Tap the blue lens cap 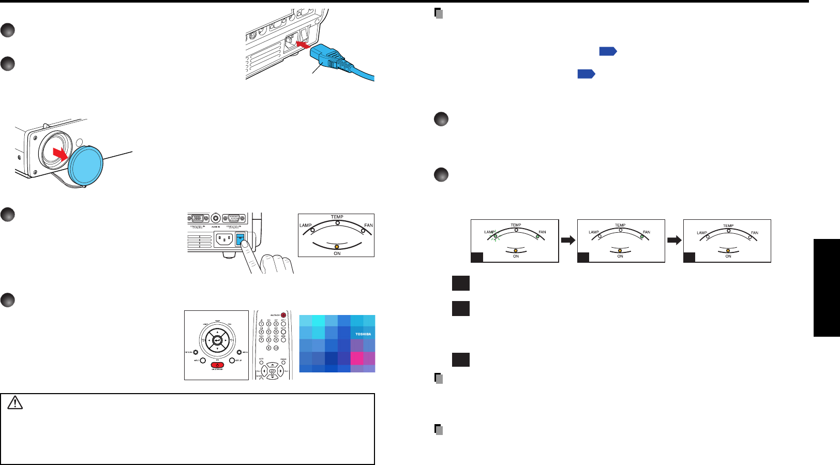point(86,163)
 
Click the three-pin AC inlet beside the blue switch point(224,239)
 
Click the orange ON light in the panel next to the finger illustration point(337,247)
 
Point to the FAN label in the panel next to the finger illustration point(368,226)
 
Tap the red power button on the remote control point(283,315)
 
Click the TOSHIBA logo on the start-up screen point(363,334)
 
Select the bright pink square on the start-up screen point(357,358)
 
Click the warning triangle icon point(16,402)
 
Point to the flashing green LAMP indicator point(496,236)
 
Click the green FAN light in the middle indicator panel point(642,236)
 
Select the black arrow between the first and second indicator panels point(568,240)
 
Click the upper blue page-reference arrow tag point(608,51)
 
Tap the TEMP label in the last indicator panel point(728,226)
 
